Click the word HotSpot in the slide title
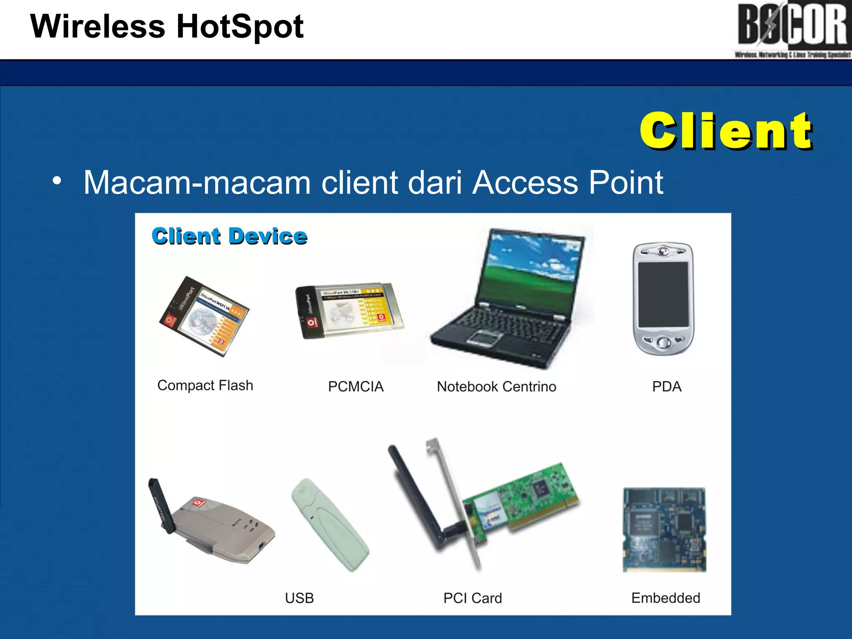240,27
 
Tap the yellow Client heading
726,131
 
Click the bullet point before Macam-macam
57,181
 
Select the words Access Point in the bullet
567,183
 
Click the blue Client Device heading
229,236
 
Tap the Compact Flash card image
203,316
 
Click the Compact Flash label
205,385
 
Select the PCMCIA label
356,386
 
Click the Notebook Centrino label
496,386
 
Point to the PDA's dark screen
663,294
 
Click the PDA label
666,386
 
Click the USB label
299,598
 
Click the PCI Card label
473,598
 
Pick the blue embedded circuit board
664,530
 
